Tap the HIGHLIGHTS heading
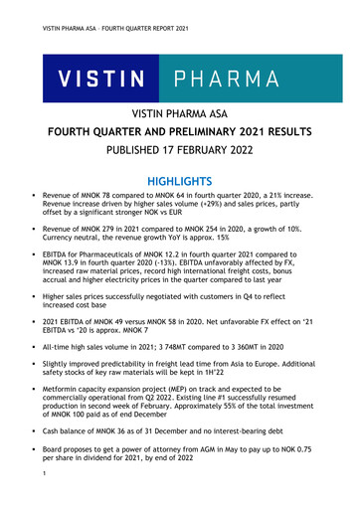[x=179, y=183]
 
